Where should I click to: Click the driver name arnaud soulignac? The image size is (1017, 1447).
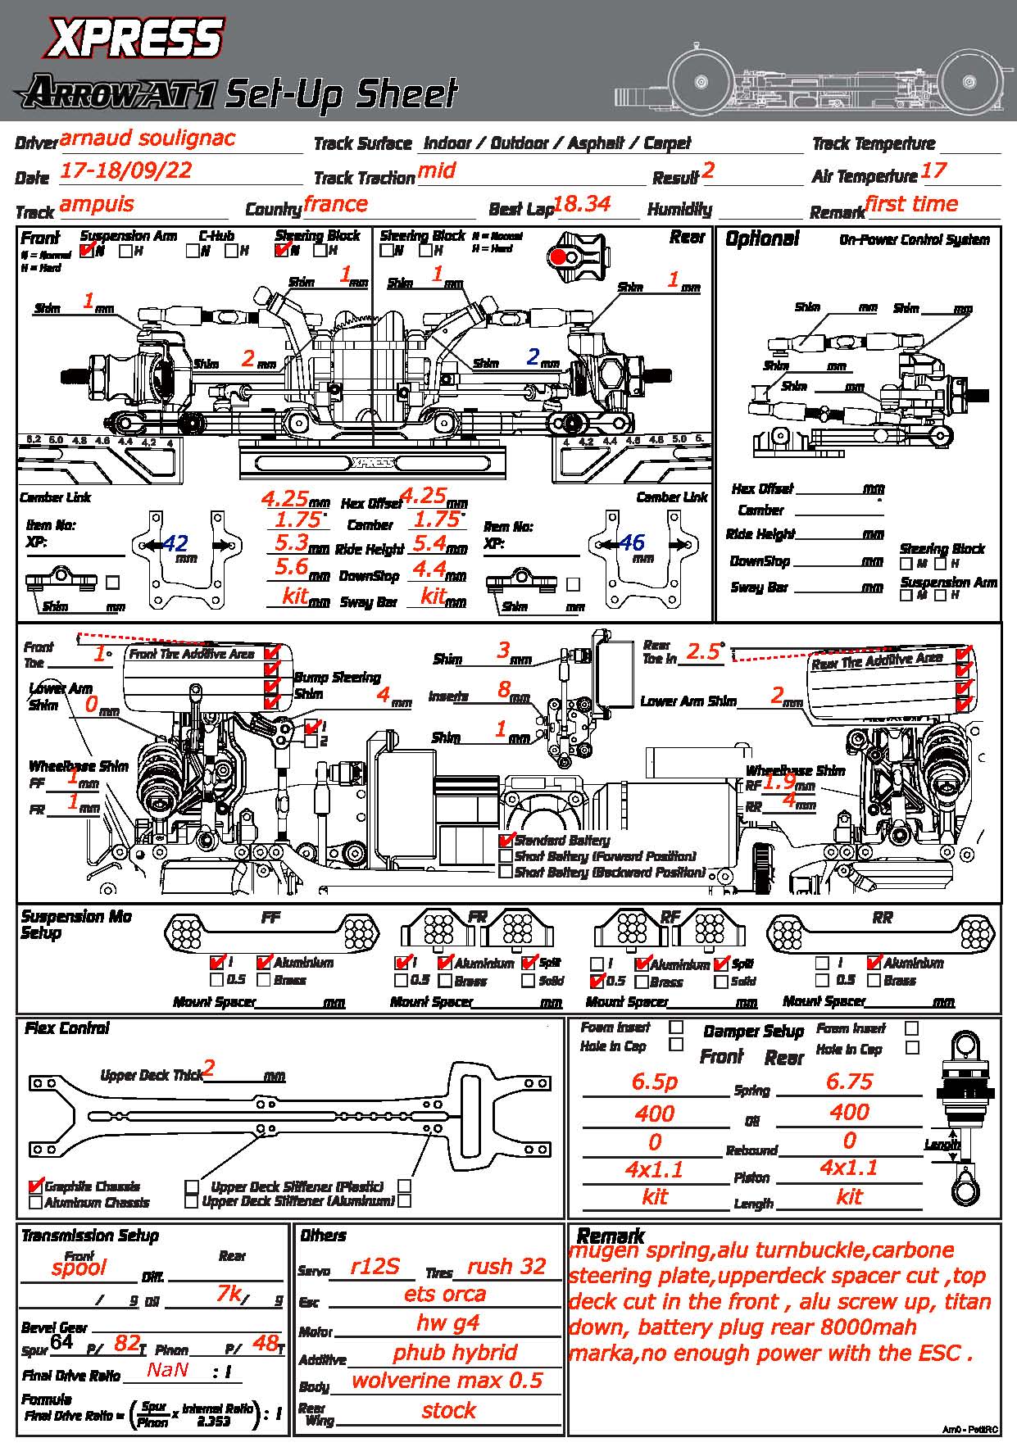pos(148,138)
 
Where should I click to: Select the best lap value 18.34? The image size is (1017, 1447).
pos(582,204)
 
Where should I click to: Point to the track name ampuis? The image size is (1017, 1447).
pos(97,204)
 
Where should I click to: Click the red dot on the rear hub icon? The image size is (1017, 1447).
pos(558,257)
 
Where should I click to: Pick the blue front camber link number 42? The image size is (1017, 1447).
pos(175,543)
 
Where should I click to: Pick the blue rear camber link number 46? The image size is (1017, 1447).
pos(632,542)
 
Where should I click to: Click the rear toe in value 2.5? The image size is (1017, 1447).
pos(703,651)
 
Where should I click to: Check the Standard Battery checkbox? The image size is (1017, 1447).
pos(506,840)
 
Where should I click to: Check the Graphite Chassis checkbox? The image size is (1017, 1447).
pos(35,1186)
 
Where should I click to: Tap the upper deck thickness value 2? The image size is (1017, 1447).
pos(209,1068)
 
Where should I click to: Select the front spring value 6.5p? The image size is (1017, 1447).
pos(655,1082)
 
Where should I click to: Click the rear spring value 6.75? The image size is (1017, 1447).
pos(849,1082)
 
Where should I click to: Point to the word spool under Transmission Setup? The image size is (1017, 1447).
pos(79,1268)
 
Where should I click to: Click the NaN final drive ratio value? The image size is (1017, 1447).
pos(168,1369)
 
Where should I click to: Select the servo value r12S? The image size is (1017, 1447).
pos(375,1267)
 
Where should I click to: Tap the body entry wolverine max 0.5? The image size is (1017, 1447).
pos(447,1381)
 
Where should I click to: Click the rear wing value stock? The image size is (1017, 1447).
pos(448,1410)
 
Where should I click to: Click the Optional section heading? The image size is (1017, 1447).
pos(761,238)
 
